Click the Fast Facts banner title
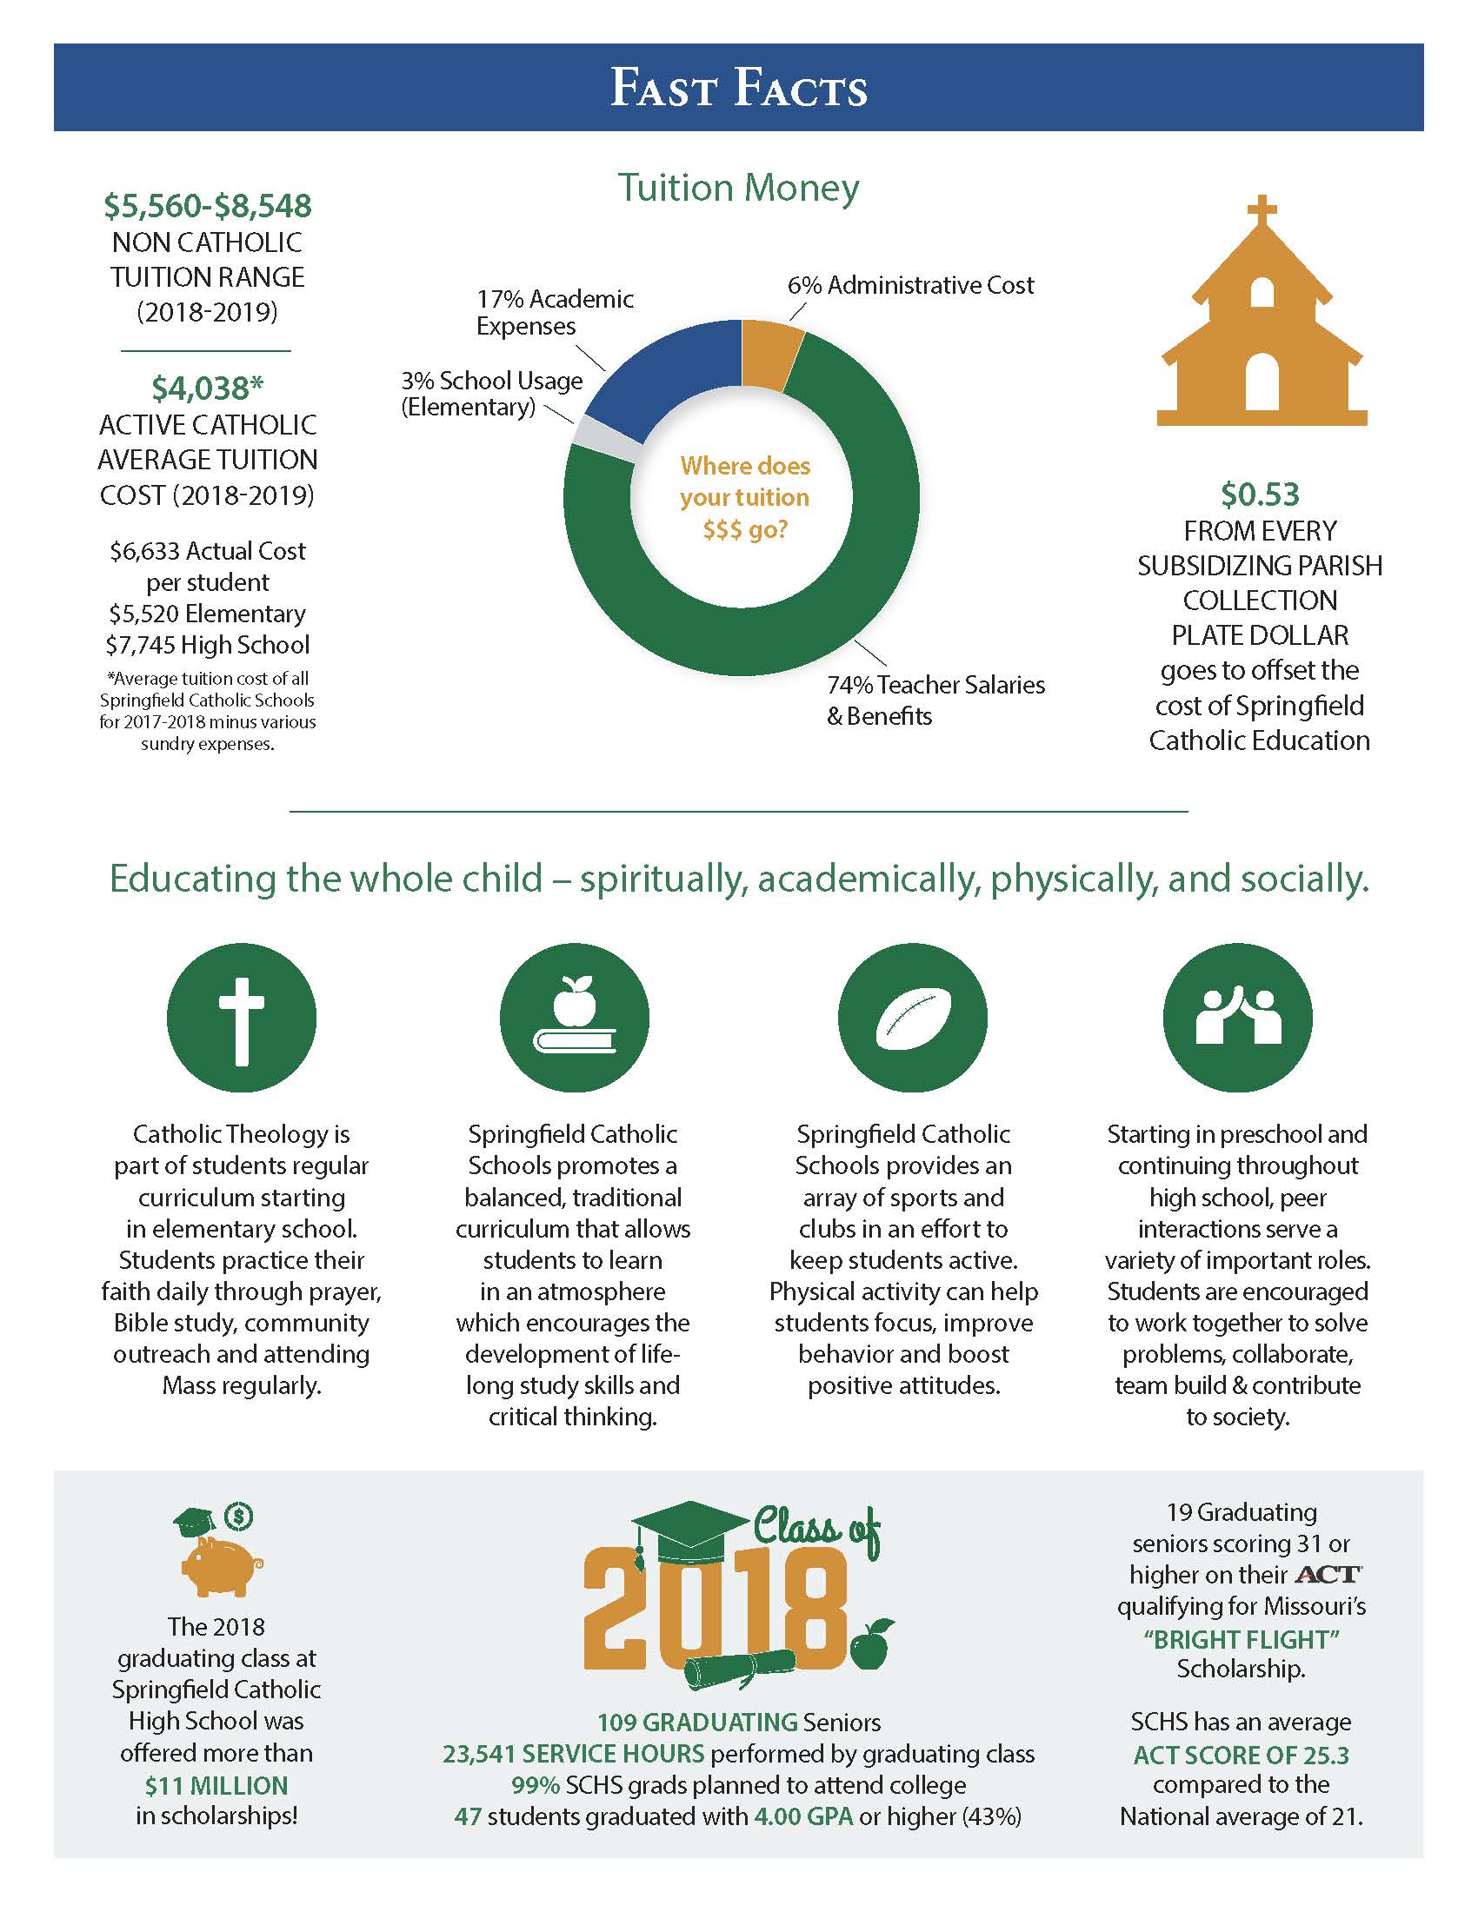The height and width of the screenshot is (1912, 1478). tap(738, 89)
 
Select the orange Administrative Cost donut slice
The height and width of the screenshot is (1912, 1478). tap(770, 352)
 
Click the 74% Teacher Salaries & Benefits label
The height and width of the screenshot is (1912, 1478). tap(935, 700)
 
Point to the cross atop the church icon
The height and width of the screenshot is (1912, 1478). tap(1261, 209)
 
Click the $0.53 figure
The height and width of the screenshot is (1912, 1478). tap(1260, 495)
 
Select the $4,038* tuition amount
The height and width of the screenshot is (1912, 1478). tap(208, 387)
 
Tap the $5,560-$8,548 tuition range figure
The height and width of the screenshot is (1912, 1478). tap(208, 206)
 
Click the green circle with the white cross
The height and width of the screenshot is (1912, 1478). tap(241, 1018)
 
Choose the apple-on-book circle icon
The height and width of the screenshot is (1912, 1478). tap(574, 1018)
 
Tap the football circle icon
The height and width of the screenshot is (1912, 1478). tap(911, 1018)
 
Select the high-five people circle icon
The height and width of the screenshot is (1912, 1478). tap(1237, 1018)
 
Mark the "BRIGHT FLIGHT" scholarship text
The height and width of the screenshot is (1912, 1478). tap(1242, 1639)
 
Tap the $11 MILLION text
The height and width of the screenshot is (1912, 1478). tap(216, 1785)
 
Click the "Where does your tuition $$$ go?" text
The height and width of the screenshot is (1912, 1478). tap(745, 497)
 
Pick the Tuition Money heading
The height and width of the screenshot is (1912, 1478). tap(738, 188)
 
